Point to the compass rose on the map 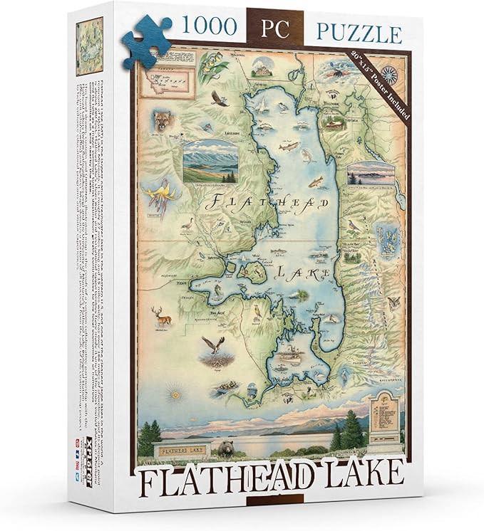[x=391, y=73]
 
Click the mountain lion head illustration [x=163, y=121]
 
